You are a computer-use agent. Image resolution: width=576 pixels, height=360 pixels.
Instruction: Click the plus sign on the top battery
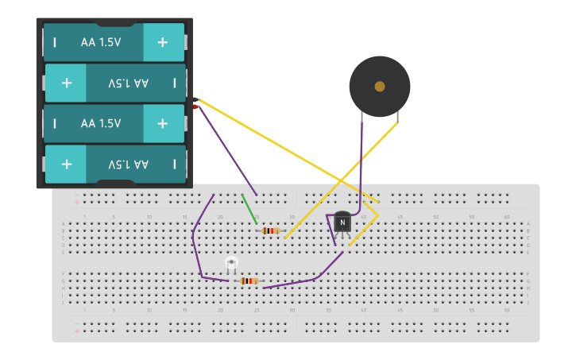click(x=162, y=42)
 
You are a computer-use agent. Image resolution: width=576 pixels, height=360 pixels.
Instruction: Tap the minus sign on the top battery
click(x=54, y=42)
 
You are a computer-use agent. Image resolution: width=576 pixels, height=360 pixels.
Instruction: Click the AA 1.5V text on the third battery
click(x=101, y=123)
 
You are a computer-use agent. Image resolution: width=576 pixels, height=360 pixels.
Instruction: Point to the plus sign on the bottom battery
click(x=67, y=164)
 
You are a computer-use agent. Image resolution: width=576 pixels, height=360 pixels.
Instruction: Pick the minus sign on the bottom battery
click(x=175, y=164)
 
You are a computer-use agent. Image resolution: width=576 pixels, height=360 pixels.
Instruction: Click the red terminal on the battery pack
click(x=195, y=106)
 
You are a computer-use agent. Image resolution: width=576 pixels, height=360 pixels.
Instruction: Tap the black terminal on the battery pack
click(x=195, y=99)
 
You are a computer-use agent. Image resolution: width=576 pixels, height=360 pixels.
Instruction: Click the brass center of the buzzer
click(x=380, y=86)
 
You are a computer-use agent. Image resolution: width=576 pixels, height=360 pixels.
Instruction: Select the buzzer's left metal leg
click(x=362, y=119)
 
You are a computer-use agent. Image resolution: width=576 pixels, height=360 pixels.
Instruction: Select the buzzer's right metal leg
click(x=397, y=119)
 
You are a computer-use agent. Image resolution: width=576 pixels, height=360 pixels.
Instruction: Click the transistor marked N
click(x=342, y=223)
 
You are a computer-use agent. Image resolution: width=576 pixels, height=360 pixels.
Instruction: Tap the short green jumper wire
click(x=249, y=208)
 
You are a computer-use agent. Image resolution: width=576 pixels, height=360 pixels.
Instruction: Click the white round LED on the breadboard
click(x=231, y=262)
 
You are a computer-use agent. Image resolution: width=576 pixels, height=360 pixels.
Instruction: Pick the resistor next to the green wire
click(x=270, y=230)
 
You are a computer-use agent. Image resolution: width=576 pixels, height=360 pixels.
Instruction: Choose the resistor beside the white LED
click(x=249, y=281)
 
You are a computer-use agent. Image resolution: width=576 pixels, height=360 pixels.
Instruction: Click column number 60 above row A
click(x=507, y=217)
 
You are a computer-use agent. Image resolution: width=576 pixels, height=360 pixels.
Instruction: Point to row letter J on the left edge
click(x=64, y=302)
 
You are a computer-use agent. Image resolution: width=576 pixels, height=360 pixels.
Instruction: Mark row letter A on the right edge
click(x=528, y=224)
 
